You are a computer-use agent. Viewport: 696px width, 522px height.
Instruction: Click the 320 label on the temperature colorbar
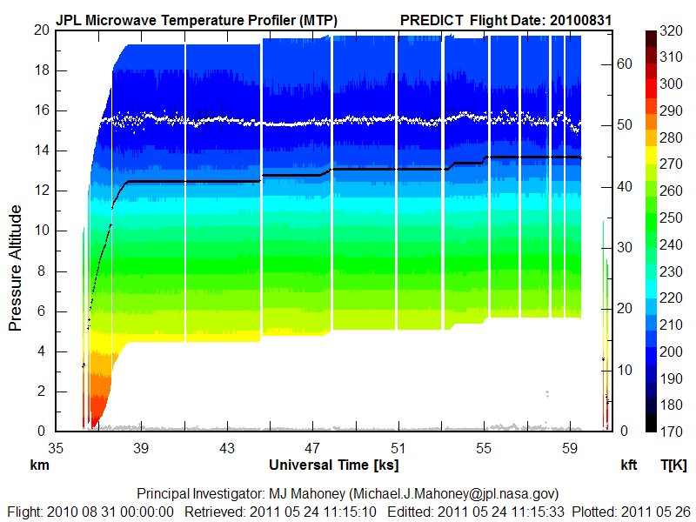click(670, 30)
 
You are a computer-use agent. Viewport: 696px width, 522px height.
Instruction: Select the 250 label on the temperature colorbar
click(670, 217)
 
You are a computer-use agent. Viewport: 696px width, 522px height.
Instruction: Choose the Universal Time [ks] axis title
click(334, 465)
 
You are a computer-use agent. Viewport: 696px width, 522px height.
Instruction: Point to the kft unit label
click(629, 465)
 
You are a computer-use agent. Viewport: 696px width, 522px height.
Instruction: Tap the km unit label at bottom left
click(40, 465)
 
